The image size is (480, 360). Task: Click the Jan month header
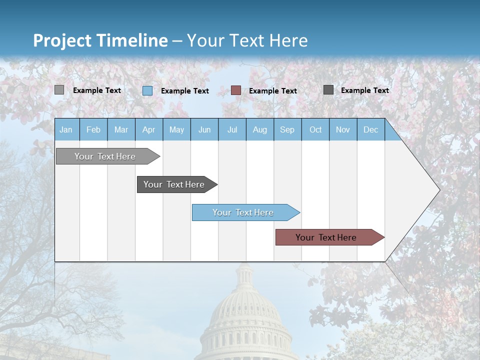click(66, 129)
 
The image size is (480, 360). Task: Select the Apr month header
click(149, 129)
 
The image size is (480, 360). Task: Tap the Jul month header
click(232, 129)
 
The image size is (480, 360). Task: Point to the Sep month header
click(287, 129)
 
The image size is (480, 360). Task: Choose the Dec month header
click(370, 129)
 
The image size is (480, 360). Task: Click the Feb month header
click(93, 129)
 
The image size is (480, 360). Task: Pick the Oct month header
click(315, 129)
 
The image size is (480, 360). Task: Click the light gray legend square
click(59, 90)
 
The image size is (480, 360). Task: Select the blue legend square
click(147, 90)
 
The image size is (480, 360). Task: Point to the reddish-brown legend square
click(236, 90)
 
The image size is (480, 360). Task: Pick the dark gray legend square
click(328, 90)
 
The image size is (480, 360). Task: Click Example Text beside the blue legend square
click(185, 91)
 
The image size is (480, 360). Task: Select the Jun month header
click(204, 129)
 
